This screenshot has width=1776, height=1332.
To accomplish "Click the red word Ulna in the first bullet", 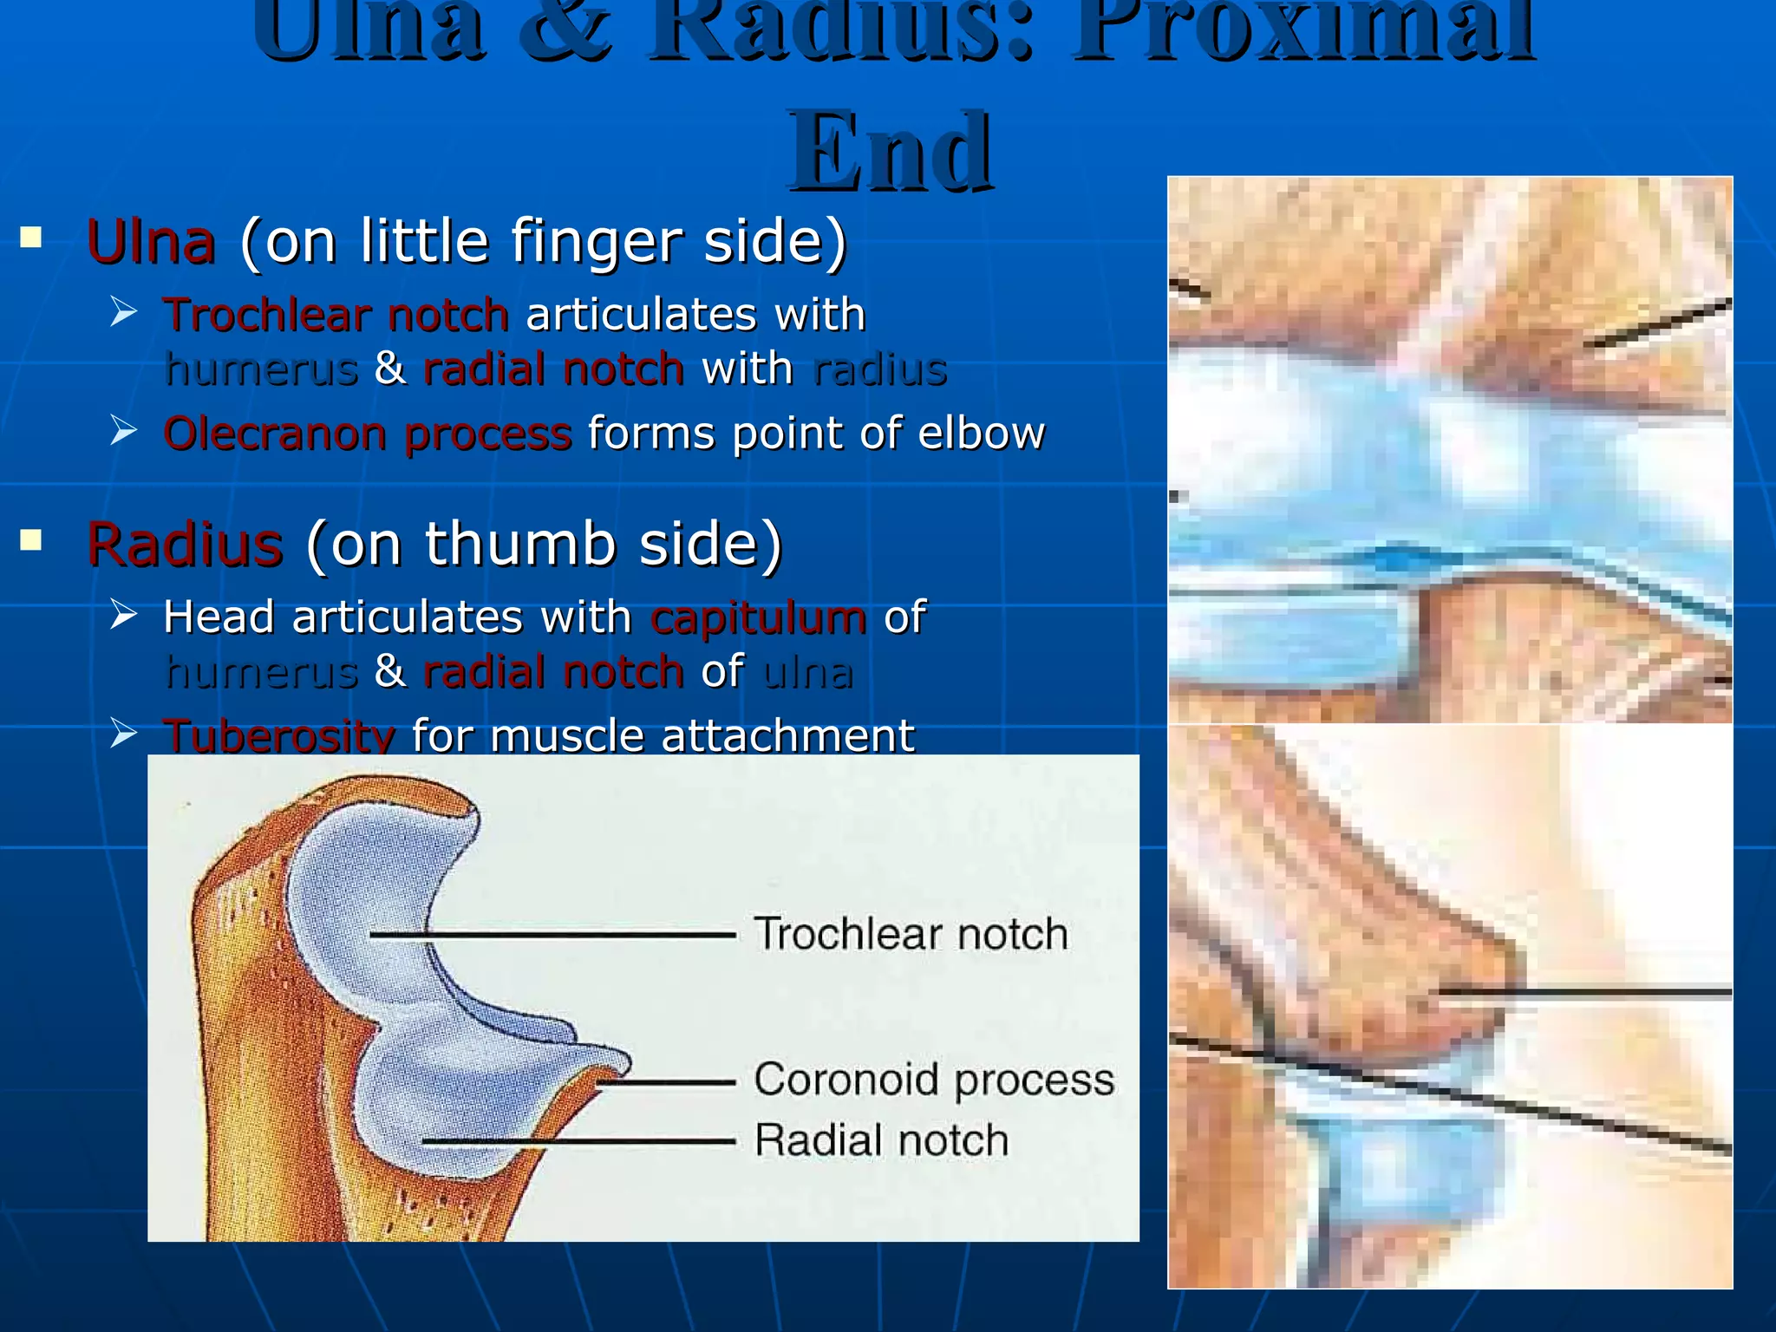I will tap(151, 242).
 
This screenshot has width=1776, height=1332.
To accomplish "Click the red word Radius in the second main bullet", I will tap(185, 545).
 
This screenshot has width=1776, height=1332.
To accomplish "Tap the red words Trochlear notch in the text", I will tap(336, 315).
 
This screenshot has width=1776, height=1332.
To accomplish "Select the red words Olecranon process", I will tap(367, 434).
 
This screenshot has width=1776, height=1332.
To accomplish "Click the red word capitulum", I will tap(758, 618).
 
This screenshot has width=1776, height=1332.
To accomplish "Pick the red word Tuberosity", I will tap(278, 736).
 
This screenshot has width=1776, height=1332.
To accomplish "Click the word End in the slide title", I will tap(890, 153).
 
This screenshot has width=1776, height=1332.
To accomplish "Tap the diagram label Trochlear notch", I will tap(911, 935).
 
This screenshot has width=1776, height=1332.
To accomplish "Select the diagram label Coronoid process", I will tap(934, 1081).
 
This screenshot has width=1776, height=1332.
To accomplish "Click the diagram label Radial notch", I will tap(881, 1140).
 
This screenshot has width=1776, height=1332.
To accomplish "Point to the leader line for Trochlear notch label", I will tap(555, 935).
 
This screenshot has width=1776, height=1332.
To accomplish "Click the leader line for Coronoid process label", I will tap(668, 1083).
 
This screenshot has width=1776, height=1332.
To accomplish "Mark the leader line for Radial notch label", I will tap(581, 1142).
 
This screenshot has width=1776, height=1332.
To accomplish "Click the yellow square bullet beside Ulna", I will tap(31, 238).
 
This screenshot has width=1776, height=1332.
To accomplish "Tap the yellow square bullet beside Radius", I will tap(31, 541).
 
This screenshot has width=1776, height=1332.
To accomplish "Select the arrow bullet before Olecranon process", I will tap(124, 430).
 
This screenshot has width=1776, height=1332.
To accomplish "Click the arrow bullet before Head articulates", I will tap(124, 615).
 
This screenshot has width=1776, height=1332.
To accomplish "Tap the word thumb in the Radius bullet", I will tap(519, 545).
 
